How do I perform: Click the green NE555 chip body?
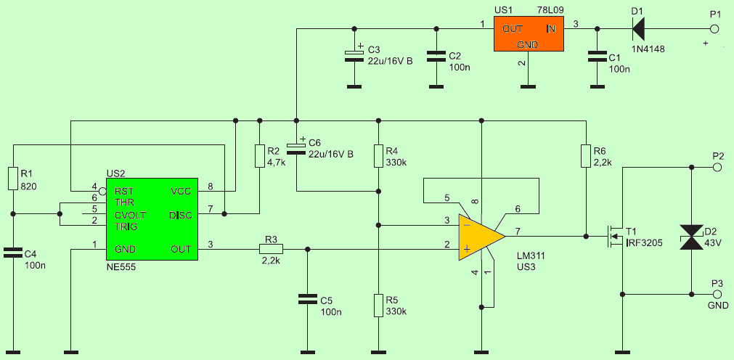(152, 221)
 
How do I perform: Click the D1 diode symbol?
(637, 29)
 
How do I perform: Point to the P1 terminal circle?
(714, 29)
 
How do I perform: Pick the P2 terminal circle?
(717, 167)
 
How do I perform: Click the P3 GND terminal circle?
(717, 295)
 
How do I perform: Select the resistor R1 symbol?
(13, 179)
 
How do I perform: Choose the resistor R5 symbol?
(378, 306)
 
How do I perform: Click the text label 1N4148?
(648, 49)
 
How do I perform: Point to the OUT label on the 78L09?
(513, 28)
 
